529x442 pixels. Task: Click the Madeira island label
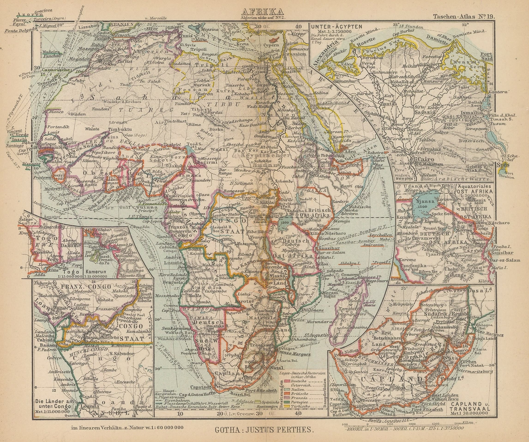pyautogui.click(x=49, y=51)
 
